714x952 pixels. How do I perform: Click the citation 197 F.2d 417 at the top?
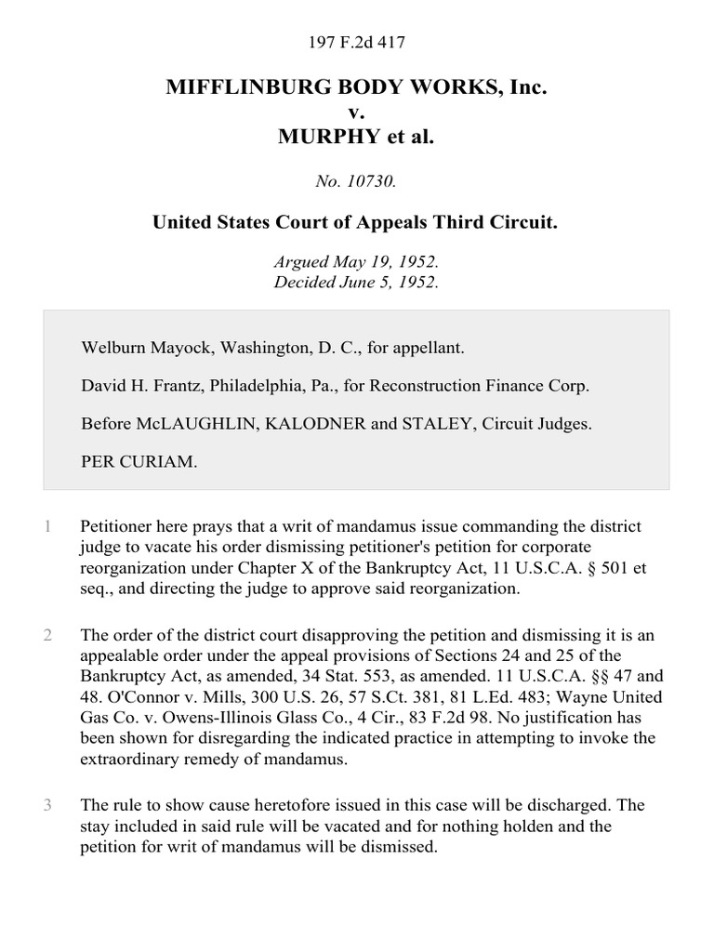click(x=356, y=42)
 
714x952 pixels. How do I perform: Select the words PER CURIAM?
click(x=139, y=460)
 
